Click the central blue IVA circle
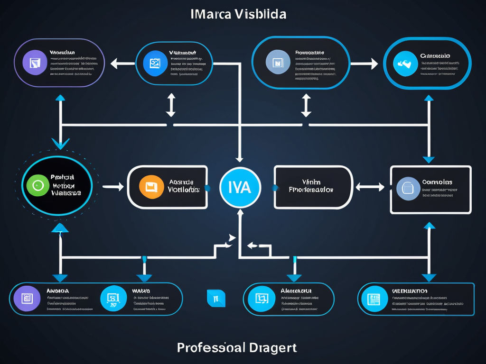(x=240, y=187)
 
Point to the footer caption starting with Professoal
(x=237, y=347)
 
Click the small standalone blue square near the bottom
(x=216, y=298)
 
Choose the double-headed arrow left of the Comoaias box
(x=370, y=187)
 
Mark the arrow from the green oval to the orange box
(x=113, y=187)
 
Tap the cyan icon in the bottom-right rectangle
(x=371, y=299)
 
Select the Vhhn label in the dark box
(x=311, y=182)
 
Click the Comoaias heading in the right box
(x=437, y=182)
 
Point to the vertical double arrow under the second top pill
(x=171, y=105)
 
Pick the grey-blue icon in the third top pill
(x=277, y=63)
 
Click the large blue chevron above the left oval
(x=60, y=143)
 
